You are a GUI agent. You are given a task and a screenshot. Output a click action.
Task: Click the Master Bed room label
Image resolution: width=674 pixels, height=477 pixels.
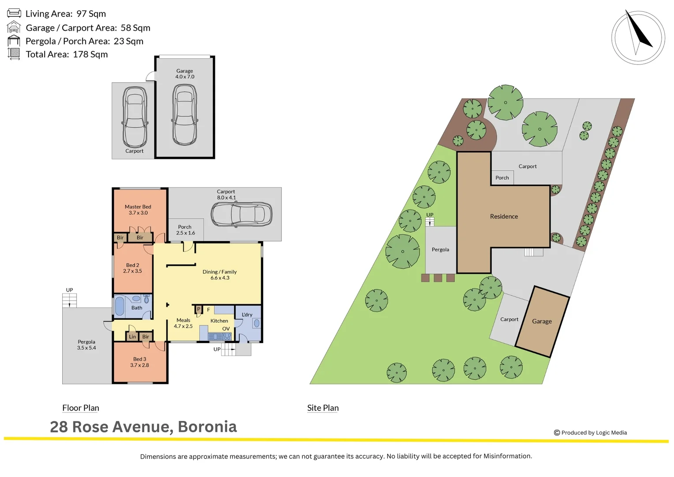point(138,207)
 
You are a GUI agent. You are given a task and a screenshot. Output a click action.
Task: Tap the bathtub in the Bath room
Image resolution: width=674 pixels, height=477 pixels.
point(120,306)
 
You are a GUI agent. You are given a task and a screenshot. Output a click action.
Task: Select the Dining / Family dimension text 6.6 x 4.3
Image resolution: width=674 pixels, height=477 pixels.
point(220,278)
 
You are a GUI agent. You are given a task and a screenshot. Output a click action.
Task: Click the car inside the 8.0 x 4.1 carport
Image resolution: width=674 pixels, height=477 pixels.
point(241,215)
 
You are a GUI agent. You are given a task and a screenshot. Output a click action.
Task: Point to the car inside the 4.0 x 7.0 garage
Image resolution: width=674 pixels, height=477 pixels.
point(184,115)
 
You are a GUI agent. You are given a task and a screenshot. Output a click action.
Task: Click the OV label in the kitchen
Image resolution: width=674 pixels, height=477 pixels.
point(226,329)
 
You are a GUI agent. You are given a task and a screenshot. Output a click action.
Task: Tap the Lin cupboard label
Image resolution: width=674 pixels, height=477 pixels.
point(132,337)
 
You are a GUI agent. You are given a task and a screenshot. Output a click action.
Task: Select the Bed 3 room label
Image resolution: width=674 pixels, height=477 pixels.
point(139,359)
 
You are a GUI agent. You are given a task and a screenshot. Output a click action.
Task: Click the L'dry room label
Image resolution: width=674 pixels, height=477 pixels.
point(247,314)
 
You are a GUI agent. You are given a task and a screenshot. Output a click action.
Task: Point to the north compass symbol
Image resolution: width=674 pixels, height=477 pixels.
point(638,37)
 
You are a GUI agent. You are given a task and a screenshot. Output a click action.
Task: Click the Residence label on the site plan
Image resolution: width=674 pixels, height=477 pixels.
point(504,216)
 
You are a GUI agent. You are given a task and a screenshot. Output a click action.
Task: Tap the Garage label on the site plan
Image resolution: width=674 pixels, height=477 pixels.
point(542,322)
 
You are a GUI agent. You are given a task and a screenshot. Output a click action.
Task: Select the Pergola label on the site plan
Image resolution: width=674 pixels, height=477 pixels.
point(440,250)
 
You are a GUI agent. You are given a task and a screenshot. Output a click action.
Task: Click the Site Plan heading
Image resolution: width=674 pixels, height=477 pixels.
point(323,408)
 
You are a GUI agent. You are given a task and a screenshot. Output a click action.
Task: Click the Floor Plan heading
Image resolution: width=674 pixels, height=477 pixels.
point(81,408)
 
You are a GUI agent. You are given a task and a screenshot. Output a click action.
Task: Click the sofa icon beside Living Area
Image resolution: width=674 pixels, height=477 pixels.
point(14,13)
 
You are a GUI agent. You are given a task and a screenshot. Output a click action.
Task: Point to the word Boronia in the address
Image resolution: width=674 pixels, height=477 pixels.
point(207,427)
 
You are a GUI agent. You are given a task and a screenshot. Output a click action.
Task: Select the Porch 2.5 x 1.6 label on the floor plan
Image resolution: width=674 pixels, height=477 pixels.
point(185,230)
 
